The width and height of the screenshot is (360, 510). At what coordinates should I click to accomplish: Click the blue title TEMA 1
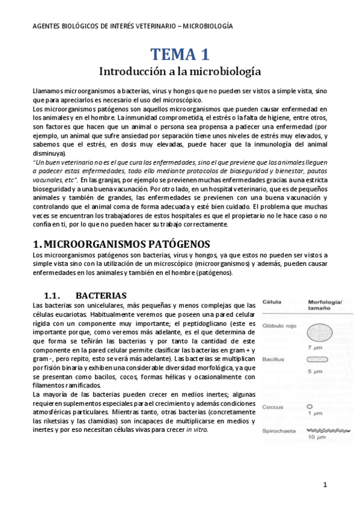(x=180, y=54)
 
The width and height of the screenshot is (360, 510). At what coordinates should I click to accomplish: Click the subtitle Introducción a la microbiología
(x=180, y=71)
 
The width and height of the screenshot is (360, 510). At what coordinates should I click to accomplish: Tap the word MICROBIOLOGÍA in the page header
(x=203, y=26)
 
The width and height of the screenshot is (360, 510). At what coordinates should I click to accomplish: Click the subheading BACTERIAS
(x=101, y=296)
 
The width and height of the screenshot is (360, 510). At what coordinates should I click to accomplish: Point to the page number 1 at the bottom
(x=325, y=485)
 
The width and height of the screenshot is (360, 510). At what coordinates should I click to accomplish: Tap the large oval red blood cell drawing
(x=319, y=333)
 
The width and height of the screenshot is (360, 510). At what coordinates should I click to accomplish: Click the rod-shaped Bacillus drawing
(x=319, y=359)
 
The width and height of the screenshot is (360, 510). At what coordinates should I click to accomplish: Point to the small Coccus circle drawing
(x=310, y=407)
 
